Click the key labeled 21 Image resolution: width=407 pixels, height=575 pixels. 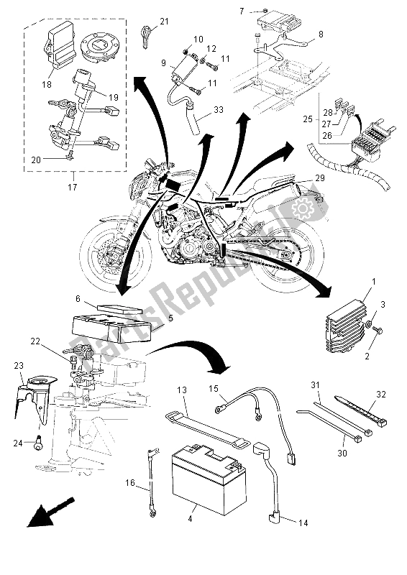click(147, 33)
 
